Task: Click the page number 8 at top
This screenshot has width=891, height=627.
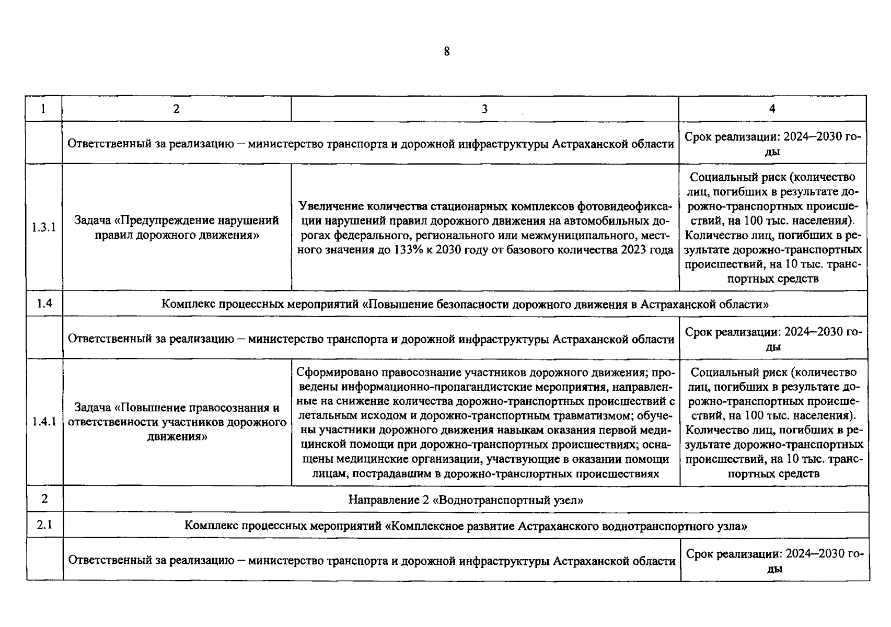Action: [x=446, y=51]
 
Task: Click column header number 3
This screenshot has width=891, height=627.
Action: [x=484, y=109]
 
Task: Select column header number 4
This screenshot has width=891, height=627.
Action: [x=772, y=109]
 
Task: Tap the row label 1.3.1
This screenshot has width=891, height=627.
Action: [x=44, y=227]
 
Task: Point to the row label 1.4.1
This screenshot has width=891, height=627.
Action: [x=44, y=422]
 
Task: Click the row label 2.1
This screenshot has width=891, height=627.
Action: [x=44, y=525]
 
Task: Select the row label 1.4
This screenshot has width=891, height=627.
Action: [x=44, y=304]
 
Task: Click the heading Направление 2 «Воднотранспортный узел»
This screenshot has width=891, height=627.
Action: [x=466, y=500]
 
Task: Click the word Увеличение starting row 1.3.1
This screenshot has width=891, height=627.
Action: [x=331, y=206]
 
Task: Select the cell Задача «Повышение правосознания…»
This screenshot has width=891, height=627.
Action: [x=177, y=422]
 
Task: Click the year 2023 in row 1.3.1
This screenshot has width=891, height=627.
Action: [x=633, y=250]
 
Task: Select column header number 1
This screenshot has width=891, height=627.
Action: [x=43, y=109]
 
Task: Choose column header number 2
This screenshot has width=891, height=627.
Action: [x=176, y=109]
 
